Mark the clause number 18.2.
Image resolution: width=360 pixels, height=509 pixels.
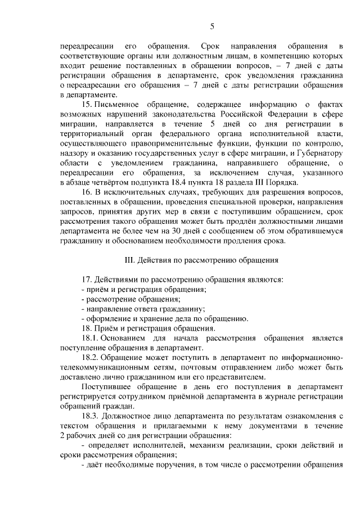(x=90, y=358)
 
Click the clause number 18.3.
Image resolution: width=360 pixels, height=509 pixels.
(x=90, y=415)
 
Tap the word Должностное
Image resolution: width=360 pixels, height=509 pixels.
(x=129, y=415)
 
